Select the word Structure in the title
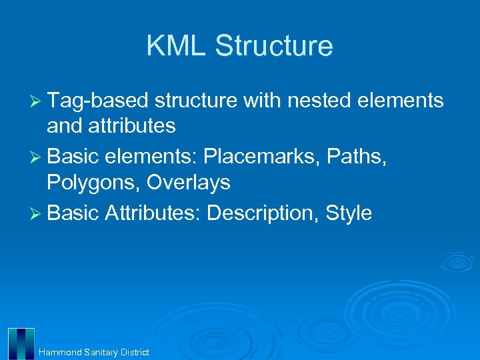click(274, 46)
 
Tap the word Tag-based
click(99, 101)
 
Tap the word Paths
click(363, 157)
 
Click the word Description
click(263, 213)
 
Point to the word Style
click(349, 213)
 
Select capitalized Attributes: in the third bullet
click(153, 213)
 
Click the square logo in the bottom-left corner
click(21, 343)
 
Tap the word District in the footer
click(135, 352)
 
